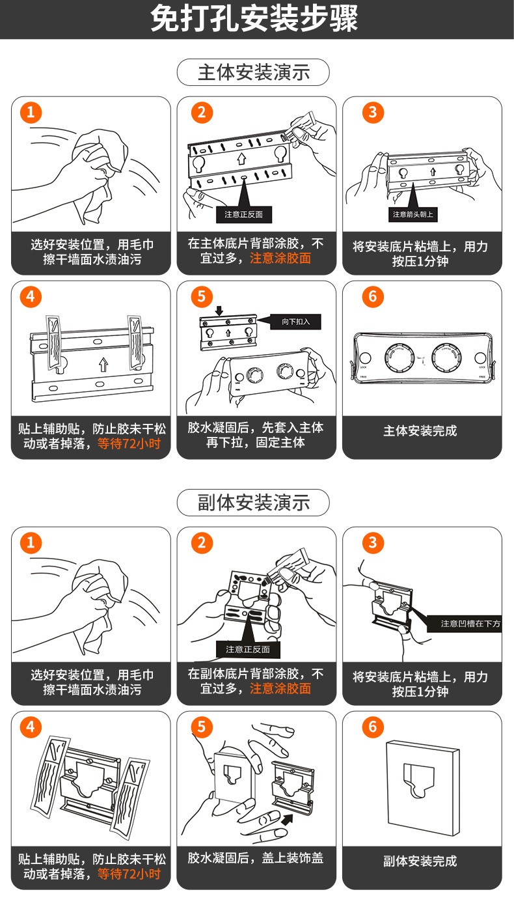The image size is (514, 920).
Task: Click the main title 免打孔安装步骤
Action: tap(254, 18)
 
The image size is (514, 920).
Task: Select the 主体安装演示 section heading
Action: tap(253, 72)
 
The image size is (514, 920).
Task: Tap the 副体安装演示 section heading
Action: tap(253, 502)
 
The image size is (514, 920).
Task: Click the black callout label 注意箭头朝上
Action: tap(413, 214)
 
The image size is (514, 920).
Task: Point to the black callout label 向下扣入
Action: tap(295, 322)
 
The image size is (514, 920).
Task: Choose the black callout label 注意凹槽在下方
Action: tap(470, 624)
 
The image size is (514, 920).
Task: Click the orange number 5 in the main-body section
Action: tap(202, 296)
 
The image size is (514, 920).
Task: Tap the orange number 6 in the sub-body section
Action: tap(373, 727)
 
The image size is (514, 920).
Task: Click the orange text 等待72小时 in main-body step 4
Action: tap(129, 443)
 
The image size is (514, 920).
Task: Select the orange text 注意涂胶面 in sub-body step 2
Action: tap(280, 688)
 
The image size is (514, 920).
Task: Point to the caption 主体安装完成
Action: tap(420, 431)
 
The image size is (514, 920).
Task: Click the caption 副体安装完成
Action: tap(420, 861)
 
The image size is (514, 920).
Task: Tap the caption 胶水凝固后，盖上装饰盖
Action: tap(255, 857)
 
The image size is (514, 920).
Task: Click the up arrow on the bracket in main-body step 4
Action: tap(103, 365)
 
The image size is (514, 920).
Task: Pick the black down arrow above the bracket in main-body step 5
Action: tap(219, 311)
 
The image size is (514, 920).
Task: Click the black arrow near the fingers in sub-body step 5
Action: tap(287, 820)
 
